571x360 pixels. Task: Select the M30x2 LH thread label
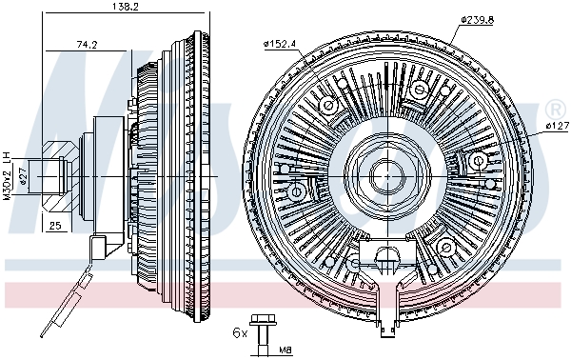pos(7,175)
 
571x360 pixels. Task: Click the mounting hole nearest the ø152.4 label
pos(328,104)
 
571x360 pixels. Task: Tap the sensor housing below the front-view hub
pos(386,259)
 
